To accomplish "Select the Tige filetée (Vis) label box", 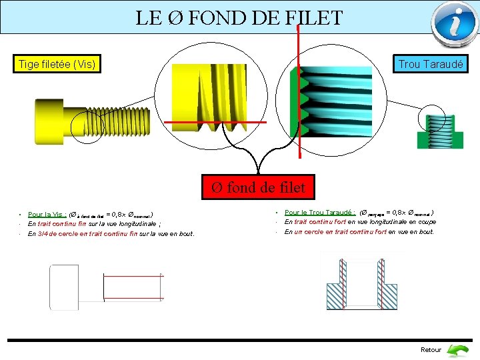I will (57, 65).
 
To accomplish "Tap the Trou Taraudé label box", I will (431, 65).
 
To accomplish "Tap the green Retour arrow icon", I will (457, 349).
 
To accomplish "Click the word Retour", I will (431, 349).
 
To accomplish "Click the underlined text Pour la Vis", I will (45, 215).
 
